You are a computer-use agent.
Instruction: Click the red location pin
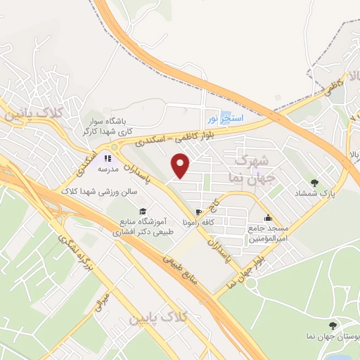point(181,166)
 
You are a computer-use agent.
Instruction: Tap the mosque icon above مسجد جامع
point(267,217)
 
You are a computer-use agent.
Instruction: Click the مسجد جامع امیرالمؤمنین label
point(267,233)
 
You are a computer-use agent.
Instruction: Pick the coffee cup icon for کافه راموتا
point(198,212)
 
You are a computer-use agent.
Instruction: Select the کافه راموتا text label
point(198,222)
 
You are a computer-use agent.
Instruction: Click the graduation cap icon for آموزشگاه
point(142,212)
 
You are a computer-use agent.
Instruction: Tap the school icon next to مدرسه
point(108,158)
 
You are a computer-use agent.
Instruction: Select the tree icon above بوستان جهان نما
point(333,325)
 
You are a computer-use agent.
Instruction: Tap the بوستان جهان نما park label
point(330,337)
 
